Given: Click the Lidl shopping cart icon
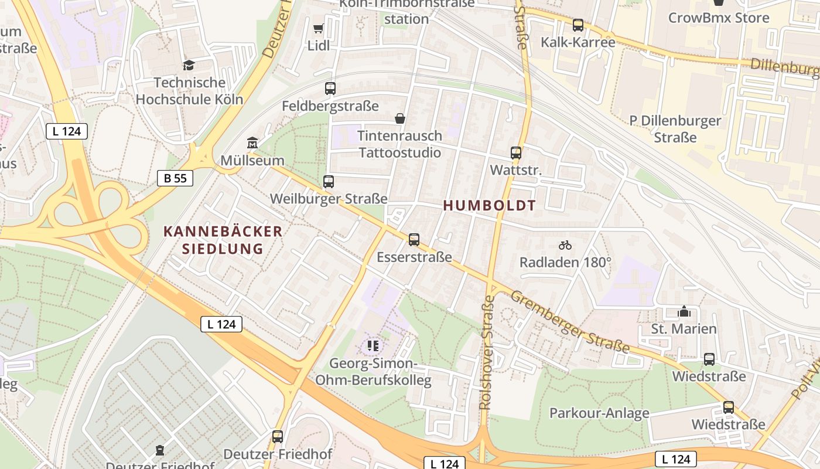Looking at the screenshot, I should pos(319,28).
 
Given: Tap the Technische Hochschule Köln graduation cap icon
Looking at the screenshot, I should pos(189,64).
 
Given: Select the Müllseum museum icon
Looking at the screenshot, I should pos(252,142).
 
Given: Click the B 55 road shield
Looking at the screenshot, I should pos(175,178).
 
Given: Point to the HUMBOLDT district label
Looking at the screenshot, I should pos(489,205).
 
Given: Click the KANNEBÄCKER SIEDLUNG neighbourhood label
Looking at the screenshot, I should pos(223,240).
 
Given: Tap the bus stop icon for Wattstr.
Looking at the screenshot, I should pos(516,153).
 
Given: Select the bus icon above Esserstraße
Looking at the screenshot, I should pos(414,239).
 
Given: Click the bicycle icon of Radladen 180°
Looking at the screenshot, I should pos(565,245).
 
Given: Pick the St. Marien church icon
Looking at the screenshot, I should pos(684,311).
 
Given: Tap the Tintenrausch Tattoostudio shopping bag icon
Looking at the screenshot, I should pos(400,119).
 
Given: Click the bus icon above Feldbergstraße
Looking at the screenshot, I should pos(330,89).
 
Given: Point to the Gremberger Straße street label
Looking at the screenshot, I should pos(569,322).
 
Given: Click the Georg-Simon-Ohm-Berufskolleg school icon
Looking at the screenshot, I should pos(373,346).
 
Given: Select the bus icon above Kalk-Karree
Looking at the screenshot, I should pos(578,25).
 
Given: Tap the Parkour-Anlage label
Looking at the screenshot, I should pos(599,413).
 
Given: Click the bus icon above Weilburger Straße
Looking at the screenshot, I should pos(329,182).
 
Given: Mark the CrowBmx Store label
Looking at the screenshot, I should pos(719,18).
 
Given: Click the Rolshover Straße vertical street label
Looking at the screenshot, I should pos(487,352).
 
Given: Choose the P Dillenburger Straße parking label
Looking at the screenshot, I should pos(675,129).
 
